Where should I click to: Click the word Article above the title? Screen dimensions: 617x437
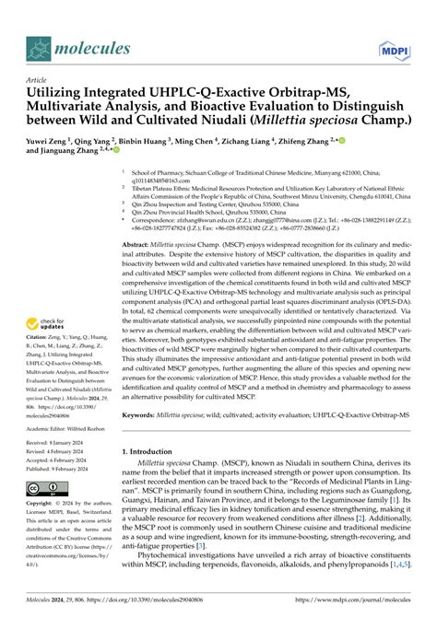(x=42, y=81)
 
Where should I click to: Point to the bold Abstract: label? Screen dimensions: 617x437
(x=141, y=244)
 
